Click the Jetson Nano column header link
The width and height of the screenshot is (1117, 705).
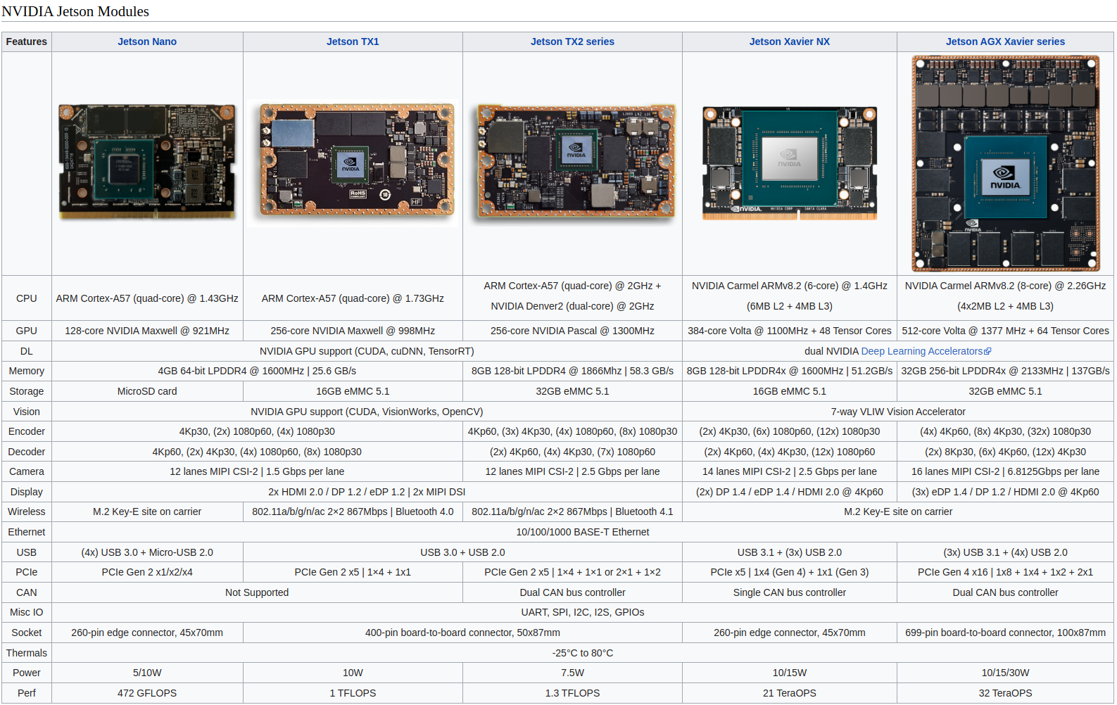point(147,42)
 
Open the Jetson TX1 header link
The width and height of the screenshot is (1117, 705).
point(353,42)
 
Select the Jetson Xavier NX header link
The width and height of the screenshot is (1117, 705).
point(789,42)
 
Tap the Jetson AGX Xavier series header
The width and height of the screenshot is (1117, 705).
point(1004,42)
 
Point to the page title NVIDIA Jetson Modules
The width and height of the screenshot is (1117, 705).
point(75,11)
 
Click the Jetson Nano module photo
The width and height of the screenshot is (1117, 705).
point(147,163)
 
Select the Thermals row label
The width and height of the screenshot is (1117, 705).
point(27,653)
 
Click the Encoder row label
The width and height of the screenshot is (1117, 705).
point(27,431)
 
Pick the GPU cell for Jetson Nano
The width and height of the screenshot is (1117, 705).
point(147,331)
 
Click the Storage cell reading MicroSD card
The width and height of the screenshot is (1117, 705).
point(147,391)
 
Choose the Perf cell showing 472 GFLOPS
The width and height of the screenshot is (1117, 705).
point(147,693)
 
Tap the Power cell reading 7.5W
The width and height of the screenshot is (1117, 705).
point(572,673)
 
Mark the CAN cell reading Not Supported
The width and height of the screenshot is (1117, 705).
point(257,592)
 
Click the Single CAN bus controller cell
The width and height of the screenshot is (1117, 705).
point(789,592)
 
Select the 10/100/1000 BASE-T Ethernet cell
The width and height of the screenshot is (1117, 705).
point(582,532)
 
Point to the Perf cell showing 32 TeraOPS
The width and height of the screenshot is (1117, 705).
point(1004,693)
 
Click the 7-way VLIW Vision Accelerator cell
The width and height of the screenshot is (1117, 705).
point(897,412)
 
